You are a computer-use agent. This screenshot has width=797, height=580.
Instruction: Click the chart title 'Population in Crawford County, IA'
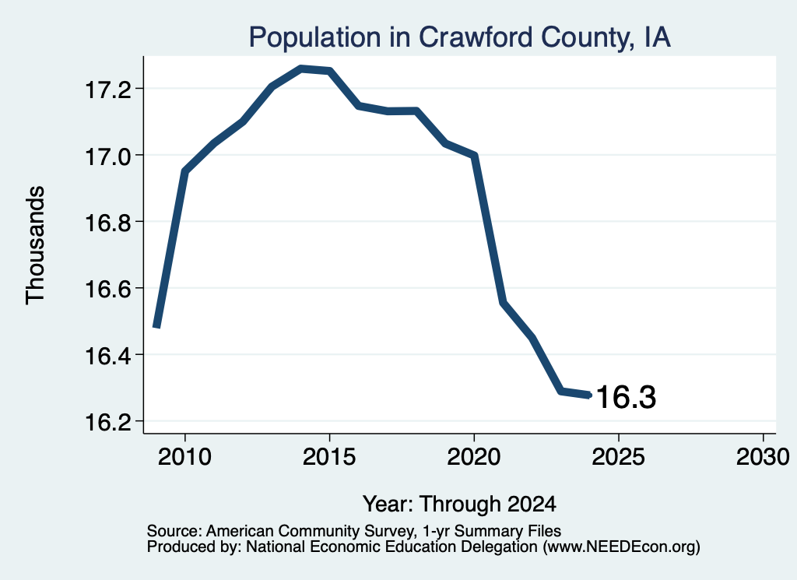tap(459, 37)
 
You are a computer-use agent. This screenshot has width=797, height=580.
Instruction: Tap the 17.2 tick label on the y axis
tap(107, 90)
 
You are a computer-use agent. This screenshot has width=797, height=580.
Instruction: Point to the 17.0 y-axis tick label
tap(107, 156)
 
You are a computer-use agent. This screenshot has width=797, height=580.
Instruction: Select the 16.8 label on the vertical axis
tap(107, 223)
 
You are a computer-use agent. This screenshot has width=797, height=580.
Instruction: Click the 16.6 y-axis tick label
tap(107, 290)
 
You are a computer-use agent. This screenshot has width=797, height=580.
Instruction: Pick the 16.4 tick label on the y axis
tap(107, 356)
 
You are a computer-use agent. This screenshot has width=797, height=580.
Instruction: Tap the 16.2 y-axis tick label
tap(107, 422)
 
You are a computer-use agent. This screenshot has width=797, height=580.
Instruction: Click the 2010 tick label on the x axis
tap(184, 457)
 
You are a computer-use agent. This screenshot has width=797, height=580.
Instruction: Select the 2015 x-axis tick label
tap(329, 457)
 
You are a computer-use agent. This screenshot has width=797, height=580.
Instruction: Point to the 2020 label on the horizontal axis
tap(474, 457)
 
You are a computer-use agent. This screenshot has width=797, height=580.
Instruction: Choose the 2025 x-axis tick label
tap(619, 457)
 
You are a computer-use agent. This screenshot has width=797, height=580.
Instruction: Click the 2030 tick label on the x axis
tap(763, 457)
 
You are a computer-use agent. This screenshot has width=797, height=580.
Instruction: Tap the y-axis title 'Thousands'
tap(36, 245)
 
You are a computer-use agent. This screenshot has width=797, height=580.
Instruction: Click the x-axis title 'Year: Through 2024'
tap(459, 504)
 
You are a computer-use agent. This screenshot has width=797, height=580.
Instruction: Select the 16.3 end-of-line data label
tap(626, 397)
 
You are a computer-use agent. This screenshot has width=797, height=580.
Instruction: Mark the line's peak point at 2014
tap(301, 69)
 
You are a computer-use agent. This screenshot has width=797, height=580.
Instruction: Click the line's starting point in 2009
tap(156, 327)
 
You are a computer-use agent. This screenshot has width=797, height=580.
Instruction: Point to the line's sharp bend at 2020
tap(474, 155)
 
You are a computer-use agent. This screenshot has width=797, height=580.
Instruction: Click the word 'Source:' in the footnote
tap(174, 531)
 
